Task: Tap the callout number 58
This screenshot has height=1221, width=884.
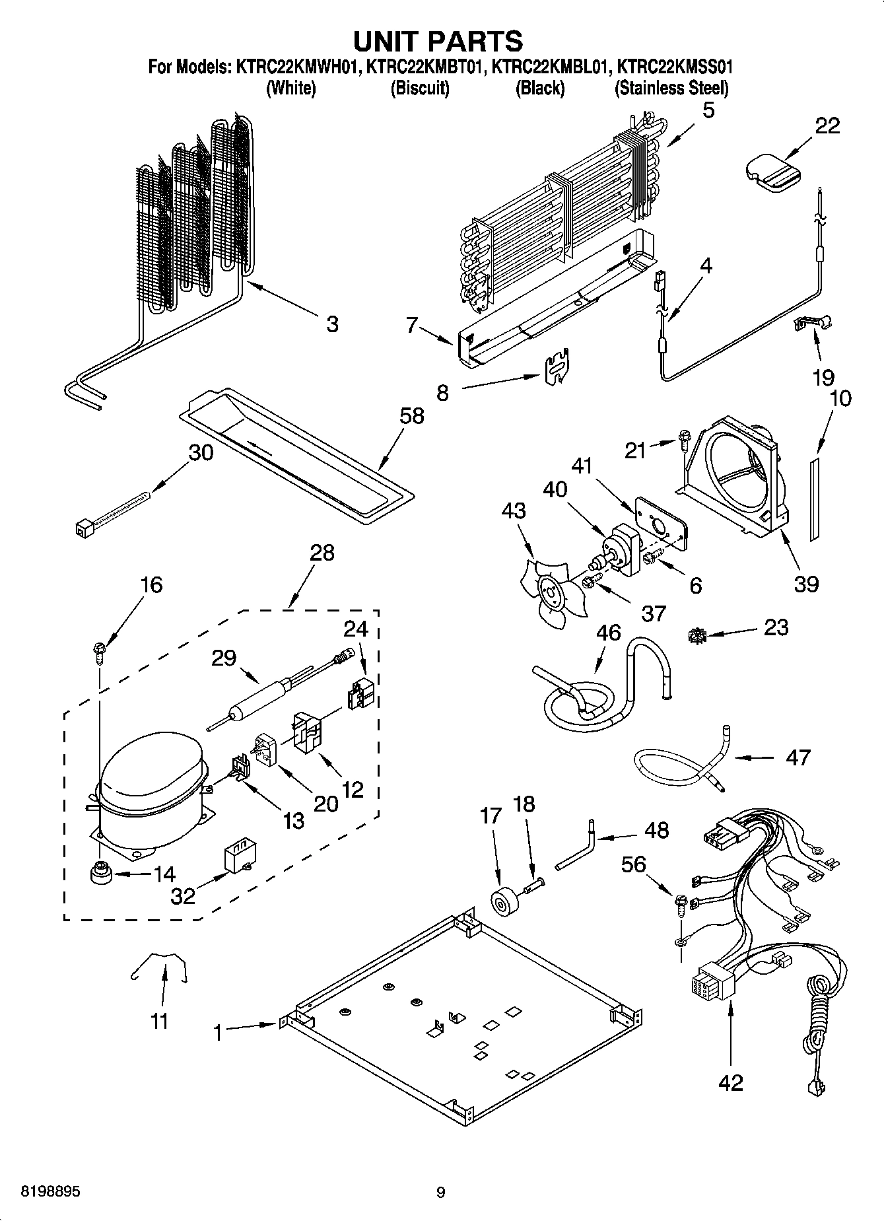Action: tap(412, 416)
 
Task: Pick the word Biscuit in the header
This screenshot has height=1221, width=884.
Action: tap(420, 88)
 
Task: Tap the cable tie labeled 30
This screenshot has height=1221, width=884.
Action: tap(112, 514)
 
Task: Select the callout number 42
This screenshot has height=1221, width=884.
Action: tap(730, 1082)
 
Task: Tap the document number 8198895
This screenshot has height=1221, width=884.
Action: tap(42, 1192)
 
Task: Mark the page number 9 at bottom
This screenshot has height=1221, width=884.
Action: tap(440, 1193)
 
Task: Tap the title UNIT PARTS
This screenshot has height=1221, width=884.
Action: tap(438, 41)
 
